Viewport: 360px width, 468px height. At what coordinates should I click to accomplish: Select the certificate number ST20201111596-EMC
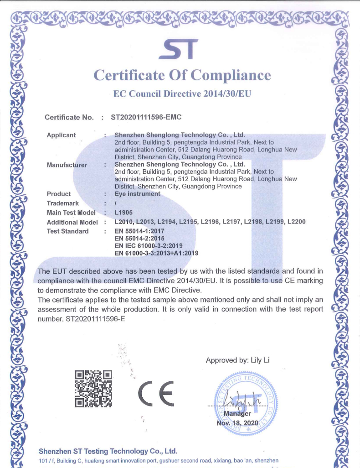tap(146, 117)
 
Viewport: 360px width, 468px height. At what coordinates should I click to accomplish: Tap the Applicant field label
tap(62, 135)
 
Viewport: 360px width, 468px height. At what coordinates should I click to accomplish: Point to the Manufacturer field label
tap(67, 165)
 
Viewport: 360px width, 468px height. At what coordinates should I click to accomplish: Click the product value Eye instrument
tap(138, 194)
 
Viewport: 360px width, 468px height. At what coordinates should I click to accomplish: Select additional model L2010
tap(123, 222)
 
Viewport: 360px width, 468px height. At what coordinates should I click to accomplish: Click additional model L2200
tap(296, 222)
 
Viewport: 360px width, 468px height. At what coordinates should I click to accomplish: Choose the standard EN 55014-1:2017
tap(139, 231)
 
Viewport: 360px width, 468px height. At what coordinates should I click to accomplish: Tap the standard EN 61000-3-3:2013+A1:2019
tap(156, 253)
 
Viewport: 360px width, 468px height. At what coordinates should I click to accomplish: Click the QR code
tap(93, 388)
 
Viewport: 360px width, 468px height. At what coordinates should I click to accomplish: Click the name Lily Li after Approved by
tap(260, 360)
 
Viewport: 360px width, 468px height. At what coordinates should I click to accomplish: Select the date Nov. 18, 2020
tap(237, 423)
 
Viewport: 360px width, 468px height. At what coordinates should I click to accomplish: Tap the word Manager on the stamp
tap(237, 414)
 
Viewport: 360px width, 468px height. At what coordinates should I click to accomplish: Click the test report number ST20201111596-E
tap(95, 319)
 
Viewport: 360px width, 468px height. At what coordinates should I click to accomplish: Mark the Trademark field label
tap(63, 203)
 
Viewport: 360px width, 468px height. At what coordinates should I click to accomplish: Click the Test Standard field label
tap(68, 231)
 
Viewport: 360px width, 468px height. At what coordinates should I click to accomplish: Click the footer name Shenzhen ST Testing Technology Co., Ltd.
tap(108, 451)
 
